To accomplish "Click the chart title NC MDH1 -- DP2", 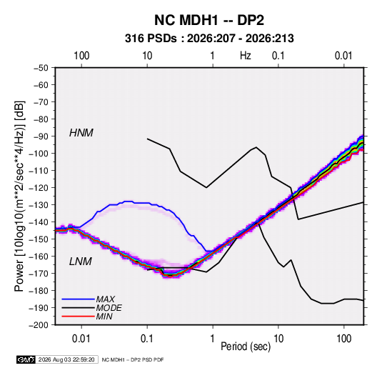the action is click(209, 20).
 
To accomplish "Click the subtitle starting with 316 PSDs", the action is click(209, 39).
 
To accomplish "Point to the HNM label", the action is click(81, 133).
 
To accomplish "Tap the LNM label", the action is click(81, 262).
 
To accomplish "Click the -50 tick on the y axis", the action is click(41, 68).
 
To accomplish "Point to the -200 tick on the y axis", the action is click(39, 325).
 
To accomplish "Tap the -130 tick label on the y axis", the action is click(39, 205).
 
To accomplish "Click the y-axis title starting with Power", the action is click(19, 196).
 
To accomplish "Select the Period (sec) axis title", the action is click(246, 347).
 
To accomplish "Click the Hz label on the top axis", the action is click(246, 56).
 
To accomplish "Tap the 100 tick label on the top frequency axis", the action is click(81, 56).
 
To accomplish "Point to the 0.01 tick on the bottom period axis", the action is click(81, 339).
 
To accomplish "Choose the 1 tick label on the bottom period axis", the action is click(213, 339).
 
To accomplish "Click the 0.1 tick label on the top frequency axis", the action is click(278, 56).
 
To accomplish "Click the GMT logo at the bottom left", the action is click(26, 359).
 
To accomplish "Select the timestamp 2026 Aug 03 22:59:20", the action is click(66, 359).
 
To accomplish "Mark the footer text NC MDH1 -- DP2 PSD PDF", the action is click(133, 359).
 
